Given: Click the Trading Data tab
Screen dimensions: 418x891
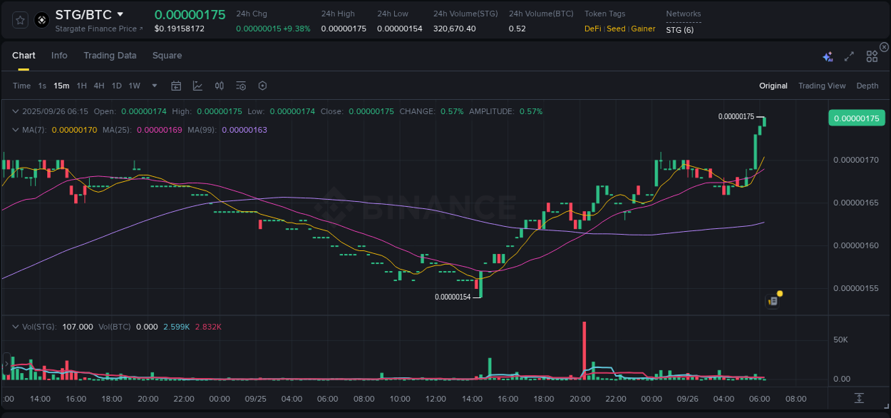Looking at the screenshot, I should point(110,56).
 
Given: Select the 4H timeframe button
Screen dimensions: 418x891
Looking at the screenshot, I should point(99,86).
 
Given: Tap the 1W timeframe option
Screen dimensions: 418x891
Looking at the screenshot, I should point(134,86).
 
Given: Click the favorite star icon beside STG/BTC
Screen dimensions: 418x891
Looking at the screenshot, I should point(21,20).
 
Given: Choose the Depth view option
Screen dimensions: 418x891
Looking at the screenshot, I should point(867,86).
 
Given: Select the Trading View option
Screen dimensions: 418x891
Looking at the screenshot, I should point(821,86).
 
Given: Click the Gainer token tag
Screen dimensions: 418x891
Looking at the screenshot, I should point(643,29).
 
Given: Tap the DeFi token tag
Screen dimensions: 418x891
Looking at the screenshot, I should point(592,29).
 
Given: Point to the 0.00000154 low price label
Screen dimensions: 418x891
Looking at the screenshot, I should point(453,297).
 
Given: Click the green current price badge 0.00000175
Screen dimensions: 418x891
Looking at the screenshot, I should point(855,118).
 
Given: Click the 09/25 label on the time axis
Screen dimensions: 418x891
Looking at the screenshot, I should point(256,399).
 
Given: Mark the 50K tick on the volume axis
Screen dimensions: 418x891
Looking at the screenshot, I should point(841,340).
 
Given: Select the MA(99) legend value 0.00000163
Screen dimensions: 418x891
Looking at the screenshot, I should point(244,130).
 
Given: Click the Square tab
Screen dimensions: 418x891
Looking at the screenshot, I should point(167,56).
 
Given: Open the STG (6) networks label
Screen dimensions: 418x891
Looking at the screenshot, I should point(679,29).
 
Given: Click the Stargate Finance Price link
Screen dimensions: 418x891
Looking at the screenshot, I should point(98,29).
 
